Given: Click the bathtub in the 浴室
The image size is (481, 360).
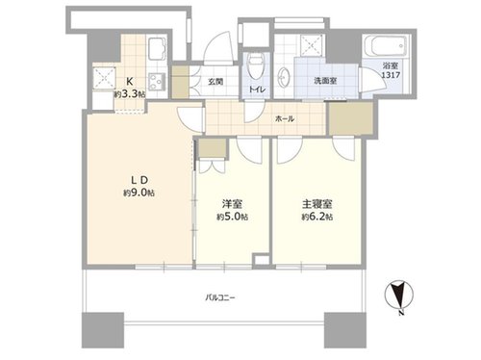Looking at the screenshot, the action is coord(386,46).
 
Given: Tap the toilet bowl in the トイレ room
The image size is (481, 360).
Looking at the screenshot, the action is coord(256,66).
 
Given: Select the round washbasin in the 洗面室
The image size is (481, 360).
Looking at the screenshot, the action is coord(284,77).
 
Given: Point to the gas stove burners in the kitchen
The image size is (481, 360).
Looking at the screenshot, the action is coord(157,82).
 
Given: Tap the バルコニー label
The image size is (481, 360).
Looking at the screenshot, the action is coord(220,298).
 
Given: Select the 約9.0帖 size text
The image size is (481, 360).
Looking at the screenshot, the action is coord(139,193).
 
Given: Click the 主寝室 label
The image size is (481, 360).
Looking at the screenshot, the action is coord(317,204).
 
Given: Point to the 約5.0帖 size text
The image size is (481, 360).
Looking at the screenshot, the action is coord(232,217).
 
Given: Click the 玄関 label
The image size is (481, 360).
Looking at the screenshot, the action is coord(215,82).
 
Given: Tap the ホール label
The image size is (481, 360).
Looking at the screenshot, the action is coord(285,119).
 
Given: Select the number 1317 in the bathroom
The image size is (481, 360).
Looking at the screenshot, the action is coord(391,75).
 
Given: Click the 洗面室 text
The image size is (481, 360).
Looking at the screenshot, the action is coord(325,81).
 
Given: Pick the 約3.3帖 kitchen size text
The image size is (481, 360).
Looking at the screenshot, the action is coord(130,94).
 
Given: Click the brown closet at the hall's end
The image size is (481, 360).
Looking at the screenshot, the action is coord(351,118).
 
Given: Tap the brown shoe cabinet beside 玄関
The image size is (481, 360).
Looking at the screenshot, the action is coord(180,82).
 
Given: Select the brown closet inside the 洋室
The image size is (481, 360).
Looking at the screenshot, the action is coord(212,148).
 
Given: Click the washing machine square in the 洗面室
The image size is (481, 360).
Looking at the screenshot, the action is coord(312,46).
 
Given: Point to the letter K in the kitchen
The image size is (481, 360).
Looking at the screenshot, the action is coord(130,81).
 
